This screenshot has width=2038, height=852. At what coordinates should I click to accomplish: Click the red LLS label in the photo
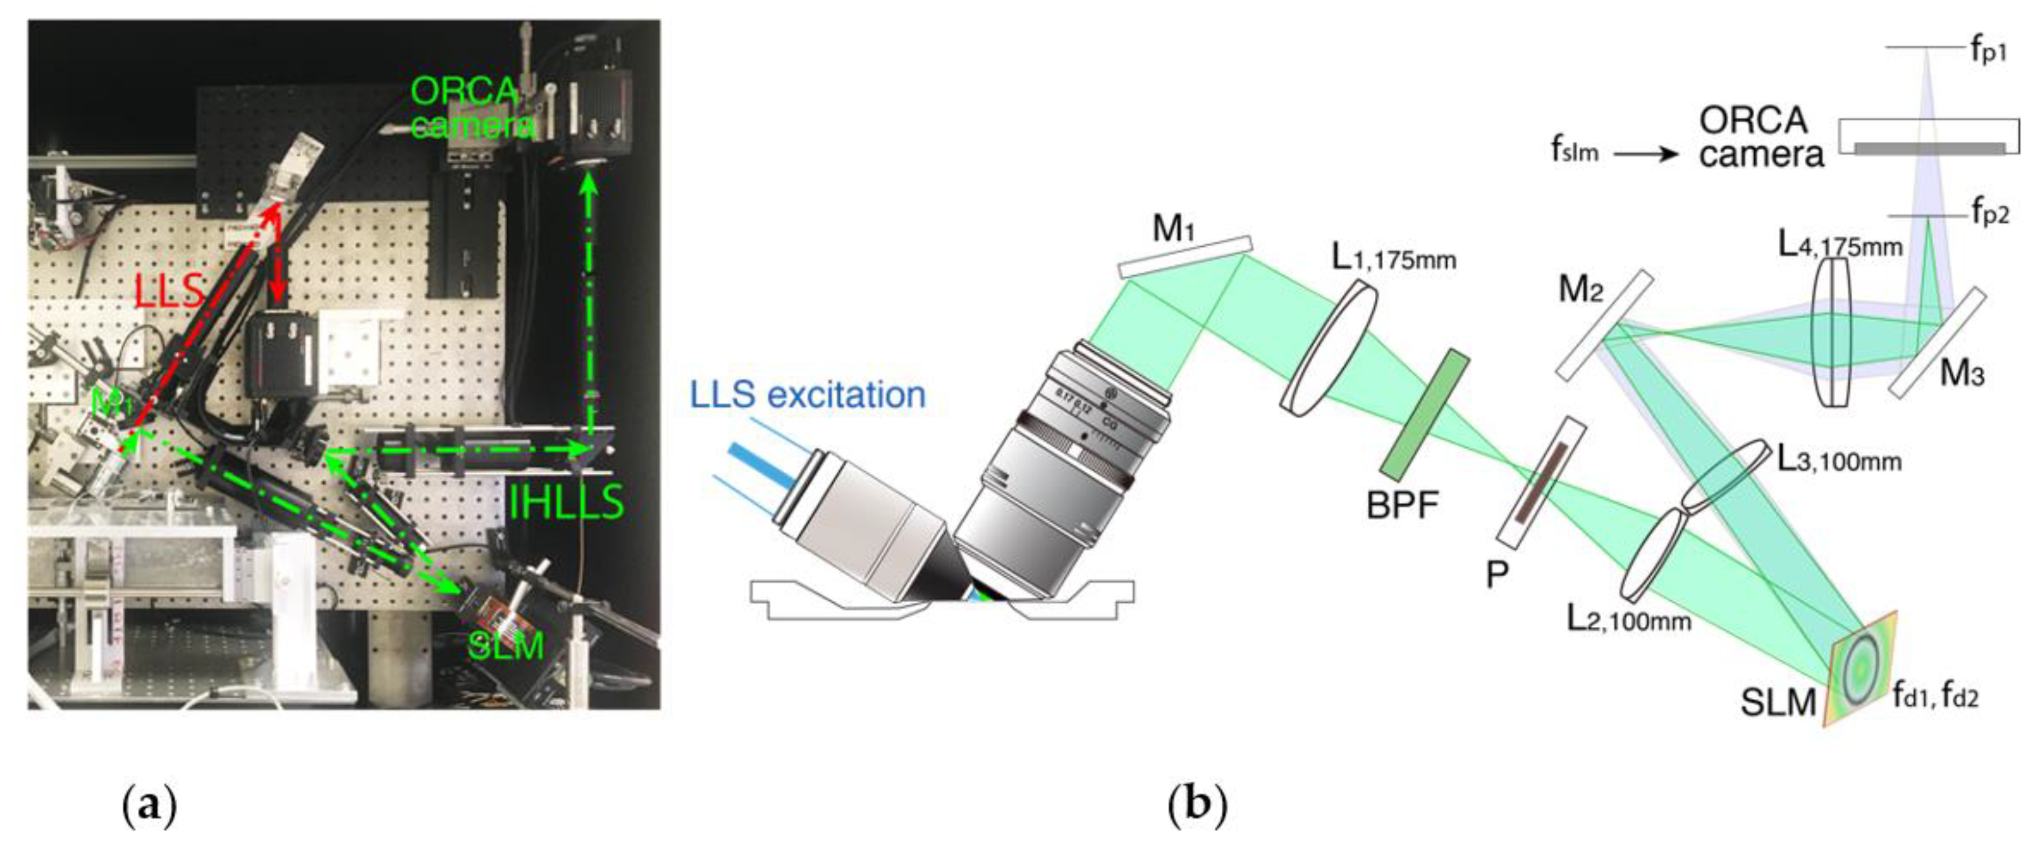point(168,291)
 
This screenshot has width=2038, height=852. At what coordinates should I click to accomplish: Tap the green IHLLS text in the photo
point(566,502)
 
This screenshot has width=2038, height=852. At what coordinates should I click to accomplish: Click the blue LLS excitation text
point(807,395)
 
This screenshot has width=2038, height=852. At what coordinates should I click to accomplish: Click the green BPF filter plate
point(1425,421)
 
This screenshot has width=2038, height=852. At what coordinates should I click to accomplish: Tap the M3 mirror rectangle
point(1937,342)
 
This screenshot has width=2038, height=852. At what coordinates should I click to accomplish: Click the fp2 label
point(1990,213)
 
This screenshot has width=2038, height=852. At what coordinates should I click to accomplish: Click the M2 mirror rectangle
point(1604,325)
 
